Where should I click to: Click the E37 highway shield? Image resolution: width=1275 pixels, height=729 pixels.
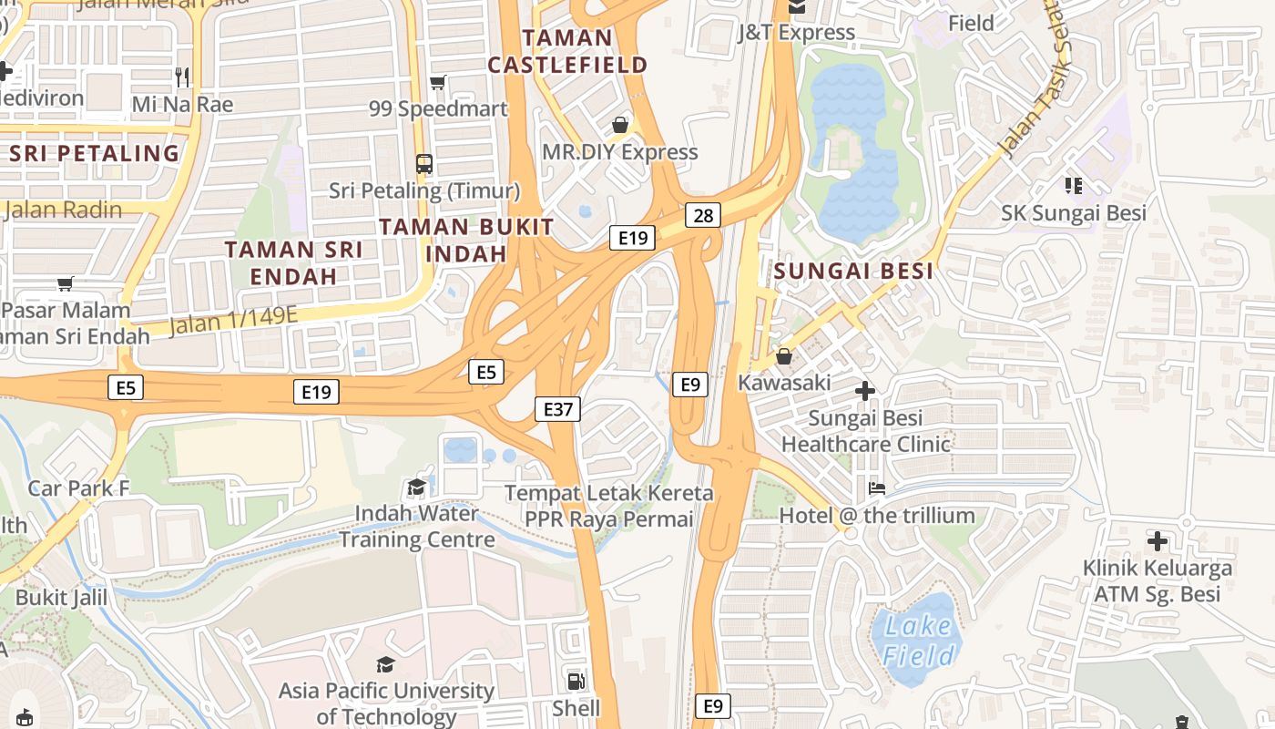pyautogui.click(x=557, y=409)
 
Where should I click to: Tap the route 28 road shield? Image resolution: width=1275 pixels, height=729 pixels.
pyautogui.click(x=703, y=215)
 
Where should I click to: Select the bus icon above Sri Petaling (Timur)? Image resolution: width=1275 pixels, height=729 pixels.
pyautogui.click(x=424, y=164)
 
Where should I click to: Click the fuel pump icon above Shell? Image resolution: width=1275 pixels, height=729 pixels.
pyautogui.click(x=576, y=682)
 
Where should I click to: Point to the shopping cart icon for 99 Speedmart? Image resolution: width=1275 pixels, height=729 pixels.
pyautogui.click(x=438, y=83)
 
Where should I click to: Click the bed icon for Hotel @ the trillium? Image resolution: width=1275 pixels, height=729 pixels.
pyautogui.click(x=876, y=488)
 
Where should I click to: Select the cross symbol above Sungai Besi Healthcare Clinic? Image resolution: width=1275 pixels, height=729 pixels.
pyautogui.click(x=865, y=392)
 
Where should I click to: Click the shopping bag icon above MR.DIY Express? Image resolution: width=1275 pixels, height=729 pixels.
pyautogui.click(x=620, y=125)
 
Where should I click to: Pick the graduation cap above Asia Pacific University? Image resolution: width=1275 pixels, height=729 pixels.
pyautogui.click(x=385, y=664)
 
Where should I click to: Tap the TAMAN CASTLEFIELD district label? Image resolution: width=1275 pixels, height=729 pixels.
pyautogui.click(x=567, y=51)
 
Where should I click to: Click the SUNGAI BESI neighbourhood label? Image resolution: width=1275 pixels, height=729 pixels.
pyautogui.click(x=853, y=271)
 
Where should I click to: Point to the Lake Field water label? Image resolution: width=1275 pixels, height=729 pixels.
pyautogui.click(x=919, y=641)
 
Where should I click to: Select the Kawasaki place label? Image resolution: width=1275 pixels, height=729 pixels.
pyautogui.click(x=784, y=383)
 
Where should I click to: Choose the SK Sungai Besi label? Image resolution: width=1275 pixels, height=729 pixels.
pyautogui.click(x=1074, y=213)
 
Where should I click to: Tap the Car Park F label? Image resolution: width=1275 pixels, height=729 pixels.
pyautogui.click(x=78, y=488)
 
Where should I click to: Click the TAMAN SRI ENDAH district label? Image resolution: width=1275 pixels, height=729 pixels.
pyautogui.click(x=293, y=262)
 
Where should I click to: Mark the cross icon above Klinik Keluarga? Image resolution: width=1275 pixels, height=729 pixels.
pyautogui.click(x=1157, y=542)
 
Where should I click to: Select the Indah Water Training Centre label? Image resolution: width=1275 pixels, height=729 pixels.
pyautogui.click(x=417, y=526)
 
